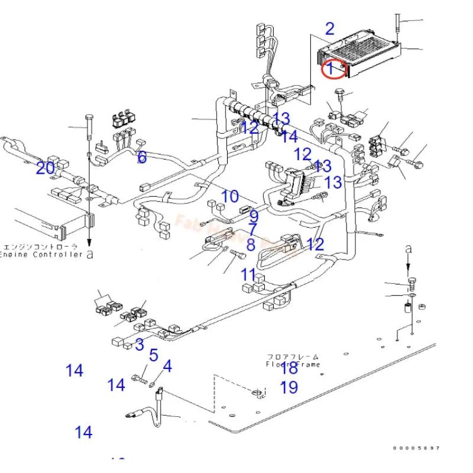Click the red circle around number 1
[333, 69]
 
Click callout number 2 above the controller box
[330, 28]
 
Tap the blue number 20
[46, 169]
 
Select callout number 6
[142, 157]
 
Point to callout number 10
[230, 196]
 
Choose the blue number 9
[254, 216]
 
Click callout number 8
[251, 244]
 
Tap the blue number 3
[140, 344]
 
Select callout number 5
[154, 355]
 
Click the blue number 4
[167, 367]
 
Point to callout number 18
[289, 368]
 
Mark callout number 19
[289, 387]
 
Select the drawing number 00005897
[417, 448]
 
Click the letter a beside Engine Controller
[90, 255]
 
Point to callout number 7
[252, 229]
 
